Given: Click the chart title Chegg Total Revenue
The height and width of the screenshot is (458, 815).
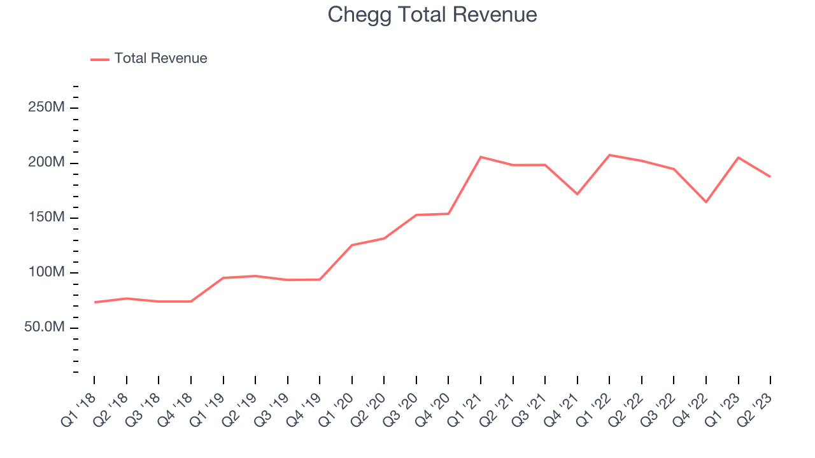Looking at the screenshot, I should pos(432,15).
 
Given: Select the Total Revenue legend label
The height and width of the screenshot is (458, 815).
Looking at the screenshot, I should pos(160,59).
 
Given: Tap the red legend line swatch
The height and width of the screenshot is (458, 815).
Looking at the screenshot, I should pos(100,59).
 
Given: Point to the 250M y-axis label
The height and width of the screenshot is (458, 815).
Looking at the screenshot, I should pos(46,108).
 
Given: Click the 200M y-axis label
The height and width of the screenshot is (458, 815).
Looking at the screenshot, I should pos(46,163).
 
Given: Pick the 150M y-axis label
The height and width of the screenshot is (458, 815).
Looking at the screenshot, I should pos(46,218).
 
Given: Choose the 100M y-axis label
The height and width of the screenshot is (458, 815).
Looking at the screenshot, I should pos(46,273).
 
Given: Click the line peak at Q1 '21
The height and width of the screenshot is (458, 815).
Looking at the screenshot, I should pos(481,156).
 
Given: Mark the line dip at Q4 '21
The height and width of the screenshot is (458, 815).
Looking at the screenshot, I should pos(577,193).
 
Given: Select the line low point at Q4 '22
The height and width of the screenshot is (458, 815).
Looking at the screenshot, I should pos(706,202).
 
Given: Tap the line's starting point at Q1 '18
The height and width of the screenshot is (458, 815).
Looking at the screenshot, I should pos(94,302).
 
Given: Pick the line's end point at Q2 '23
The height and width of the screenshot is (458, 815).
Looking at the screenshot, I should pos(770,176).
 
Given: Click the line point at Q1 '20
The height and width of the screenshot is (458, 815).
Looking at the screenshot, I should pos(352,245).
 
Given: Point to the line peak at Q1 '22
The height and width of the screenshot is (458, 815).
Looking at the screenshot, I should pos(609,155).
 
